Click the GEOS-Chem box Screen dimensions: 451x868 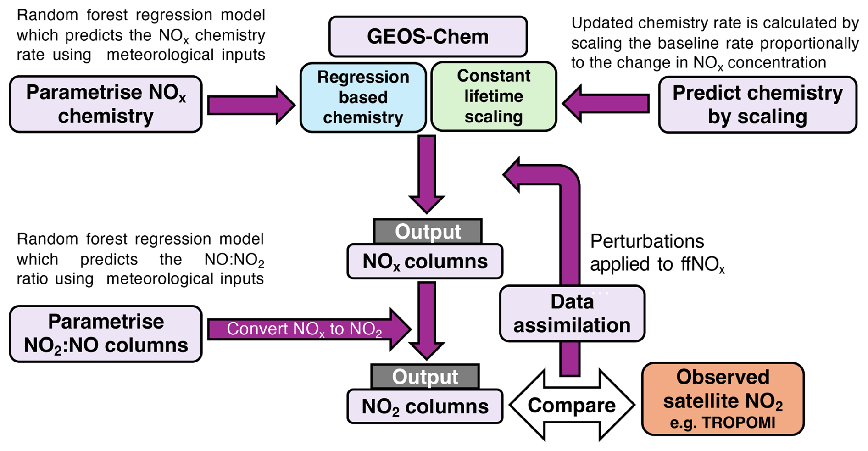tap(428, 37)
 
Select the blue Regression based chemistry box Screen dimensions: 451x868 tap(363, 97)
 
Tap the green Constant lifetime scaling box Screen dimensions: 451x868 tap(494, 96)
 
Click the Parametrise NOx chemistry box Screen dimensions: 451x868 tap(106, 104)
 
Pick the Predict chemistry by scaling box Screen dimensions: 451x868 tap(757, 105)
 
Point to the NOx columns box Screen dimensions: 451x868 tap(425, 262)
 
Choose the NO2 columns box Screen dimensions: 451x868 tap(425, 406)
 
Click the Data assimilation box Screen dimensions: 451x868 tap(572, 314)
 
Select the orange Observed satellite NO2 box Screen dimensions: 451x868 tap(723, 399)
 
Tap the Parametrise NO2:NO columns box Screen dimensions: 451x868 tap(106, 334)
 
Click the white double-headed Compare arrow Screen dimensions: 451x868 tap(572, 405)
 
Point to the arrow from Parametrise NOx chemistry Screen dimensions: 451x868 tap(250, 105)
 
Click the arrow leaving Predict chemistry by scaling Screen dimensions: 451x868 tap(606, 104)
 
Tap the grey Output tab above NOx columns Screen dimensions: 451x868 tap(428, 232)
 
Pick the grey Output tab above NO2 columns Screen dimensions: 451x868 tap(425, 377)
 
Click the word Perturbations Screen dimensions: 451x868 tap(647, 241)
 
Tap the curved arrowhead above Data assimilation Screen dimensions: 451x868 tap(512, 175)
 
